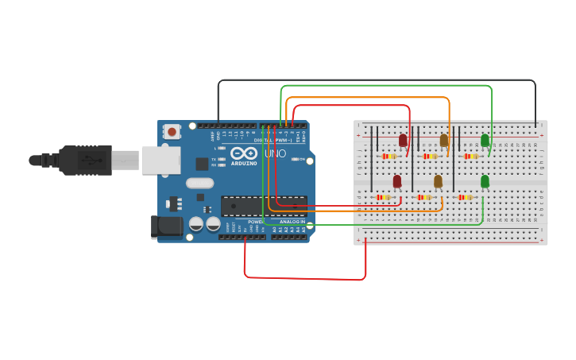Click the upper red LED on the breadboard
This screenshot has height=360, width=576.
tap(403, 141)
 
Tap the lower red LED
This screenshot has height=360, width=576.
tap(397, 181)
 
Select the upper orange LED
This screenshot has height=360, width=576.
tap(444, 141)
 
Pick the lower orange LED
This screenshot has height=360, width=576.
tap(438, 181)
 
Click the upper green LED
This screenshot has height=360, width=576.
tap(485, 141)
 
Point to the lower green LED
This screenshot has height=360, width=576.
tap(485, 181)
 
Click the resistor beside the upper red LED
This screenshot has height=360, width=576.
tap(389, 157)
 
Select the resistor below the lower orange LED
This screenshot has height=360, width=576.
tap(423, 197)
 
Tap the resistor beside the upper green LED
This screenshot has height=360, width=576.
tap(470, 157)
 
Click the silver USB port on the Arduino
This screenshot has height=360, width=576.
tap(161, 160)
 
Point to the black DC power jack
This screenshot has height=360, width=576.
tap(167, 226)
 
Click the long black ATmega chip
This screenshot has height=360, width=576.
tap(264, 206)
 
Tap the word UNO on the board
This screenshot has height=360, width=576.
tap(275, 153)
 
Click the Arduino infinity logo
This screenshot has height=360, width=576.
tap(244, 153)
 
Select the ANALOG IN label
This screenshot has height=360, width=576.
tap(292, 222)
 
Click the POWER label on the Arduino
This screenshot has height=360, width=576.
tap(255, 222)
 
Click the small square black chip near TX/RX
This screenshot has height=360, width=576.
tap(202, 164)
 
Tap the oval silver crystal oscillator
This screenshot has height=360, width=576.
tap(200, 183)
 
